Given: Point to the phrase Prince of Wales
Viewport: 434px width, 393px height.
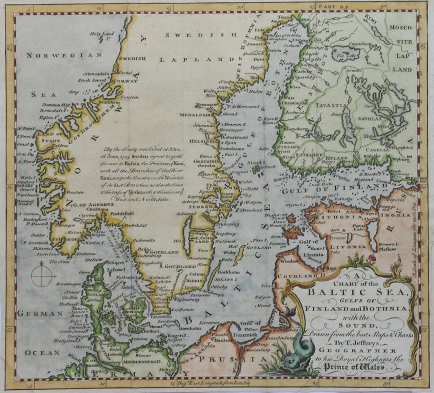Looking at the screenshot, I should point(355,367).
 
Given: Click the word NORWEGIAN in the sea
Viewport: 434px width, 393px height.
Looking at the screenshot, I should point(64,55).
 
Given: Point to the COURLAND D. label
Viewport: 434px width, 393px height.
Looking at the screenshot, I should point(301,276).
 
